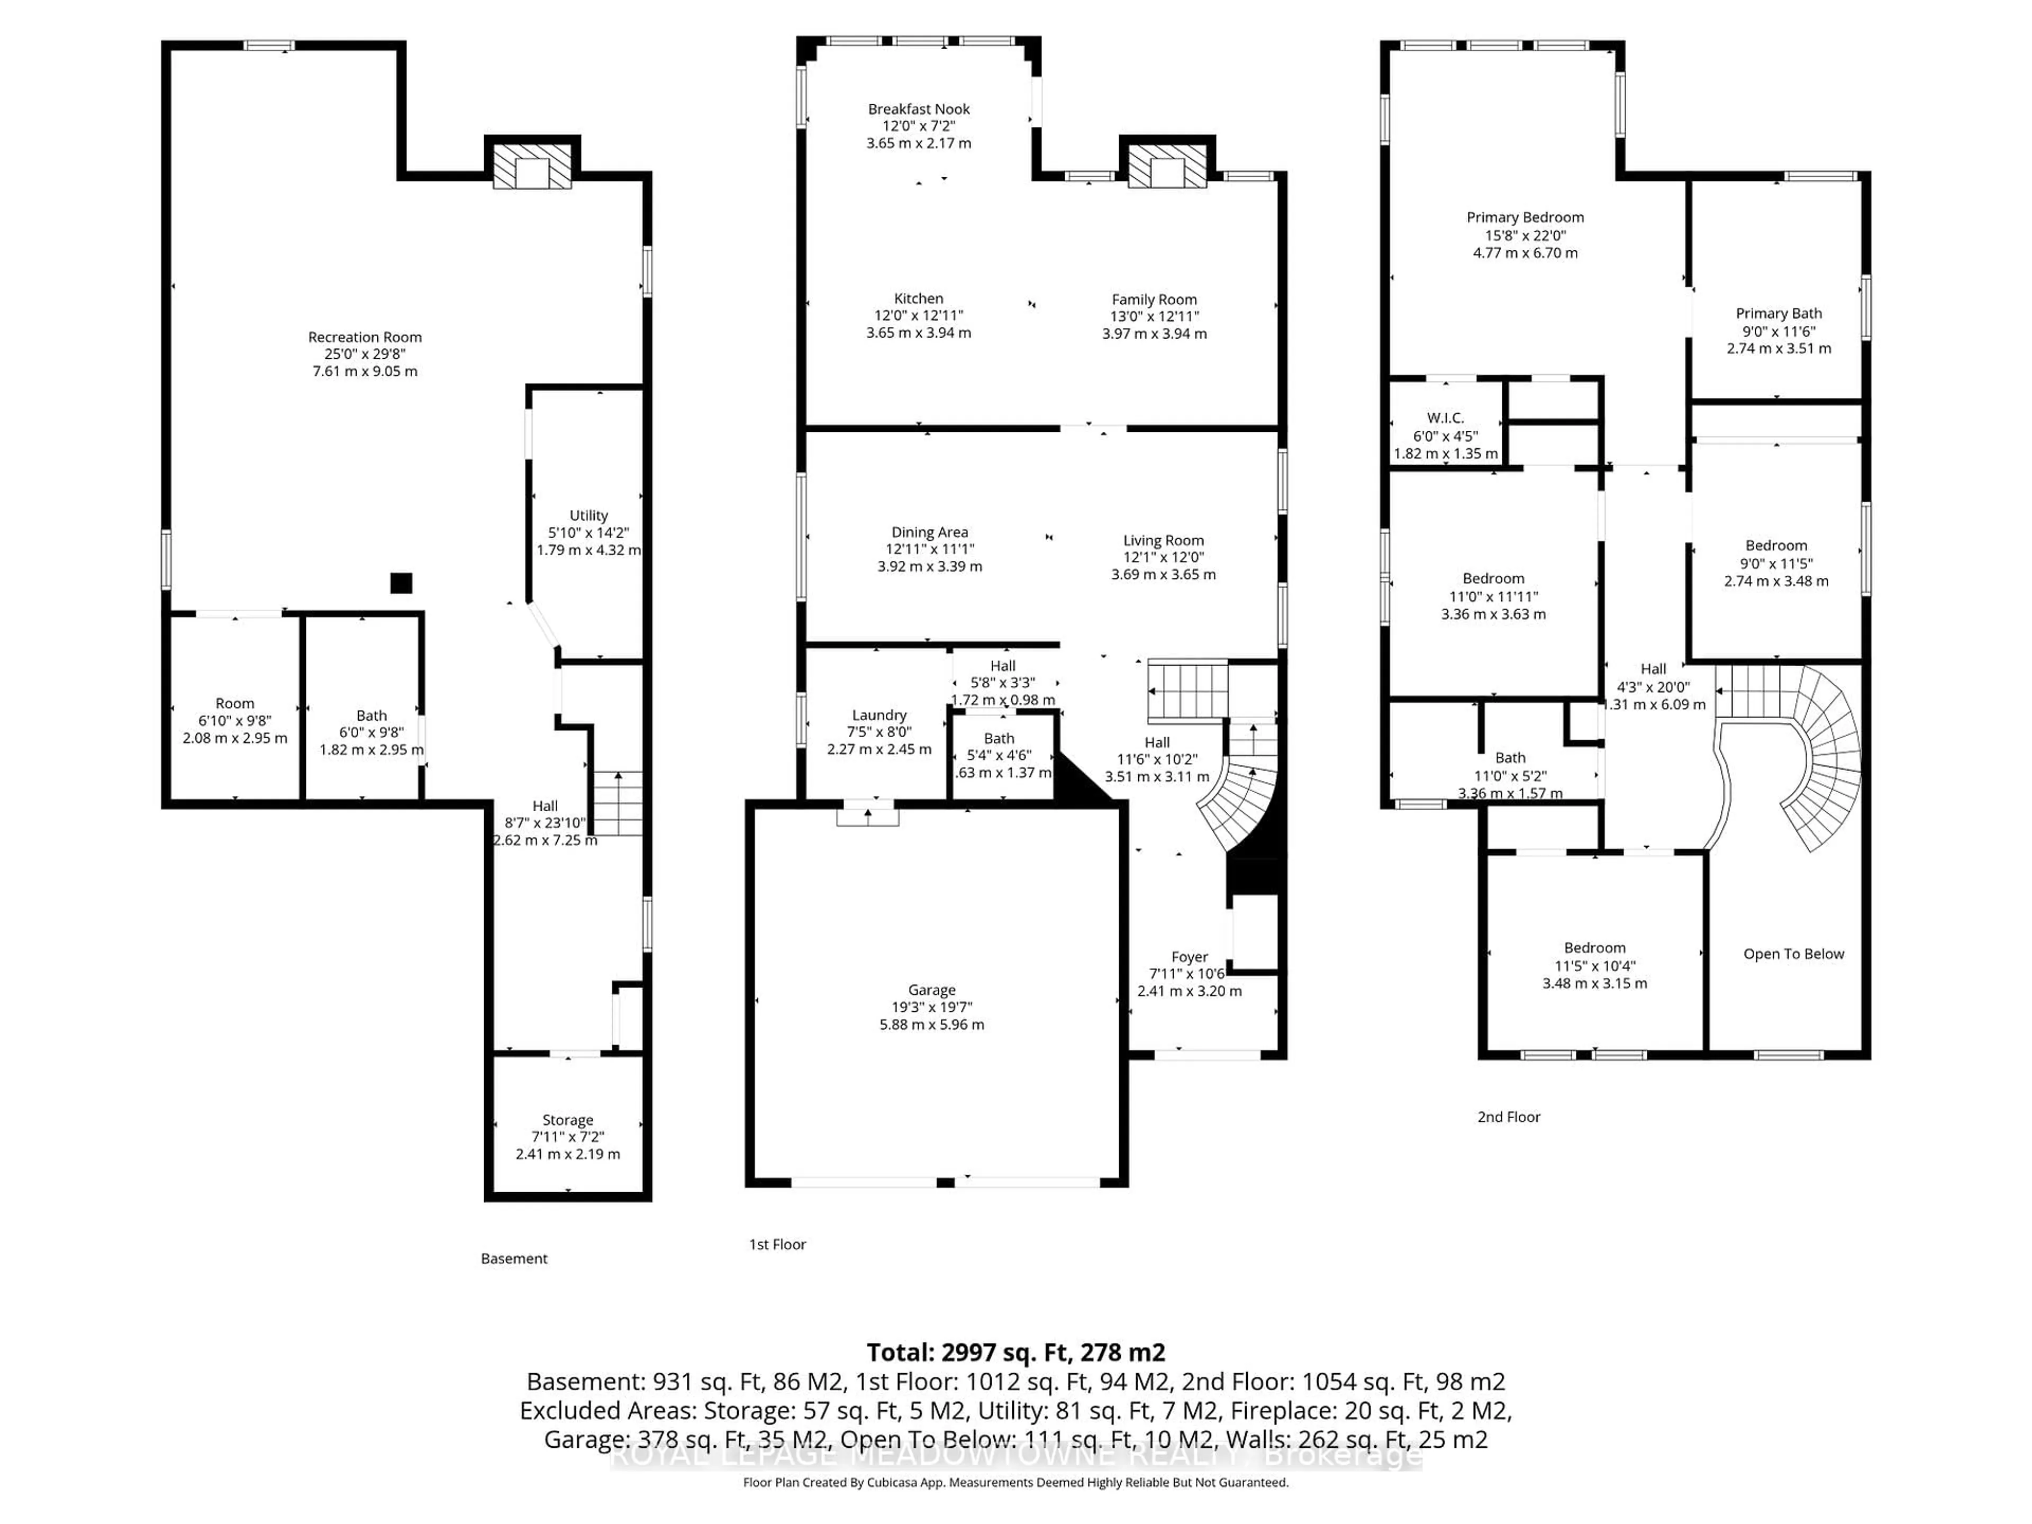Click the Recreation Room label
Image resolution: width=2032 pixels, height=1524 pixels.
365,337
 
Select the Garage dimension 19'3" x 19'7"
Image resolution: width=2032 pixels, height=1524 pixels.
931,1007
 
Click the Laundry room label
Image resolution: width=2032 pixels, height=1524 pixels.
879,715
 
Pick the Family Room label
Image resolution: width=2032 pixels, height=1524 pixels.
1154,300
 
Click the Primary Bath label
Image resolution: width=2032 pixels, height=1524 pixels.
1779,313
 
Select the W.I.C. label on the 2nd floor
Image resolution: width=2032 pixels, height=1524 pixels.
1445,418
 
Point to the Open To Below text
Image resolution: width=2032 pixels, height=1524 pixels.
1793,954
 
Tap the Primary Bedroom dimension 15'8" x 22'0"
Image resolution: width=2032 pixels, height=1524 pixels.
1525,235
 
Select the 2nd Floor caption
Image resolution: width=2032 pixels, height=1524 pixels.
1508,1117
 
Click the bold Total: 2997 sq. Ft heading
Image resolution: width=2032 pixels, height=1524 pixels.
1015,1352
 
